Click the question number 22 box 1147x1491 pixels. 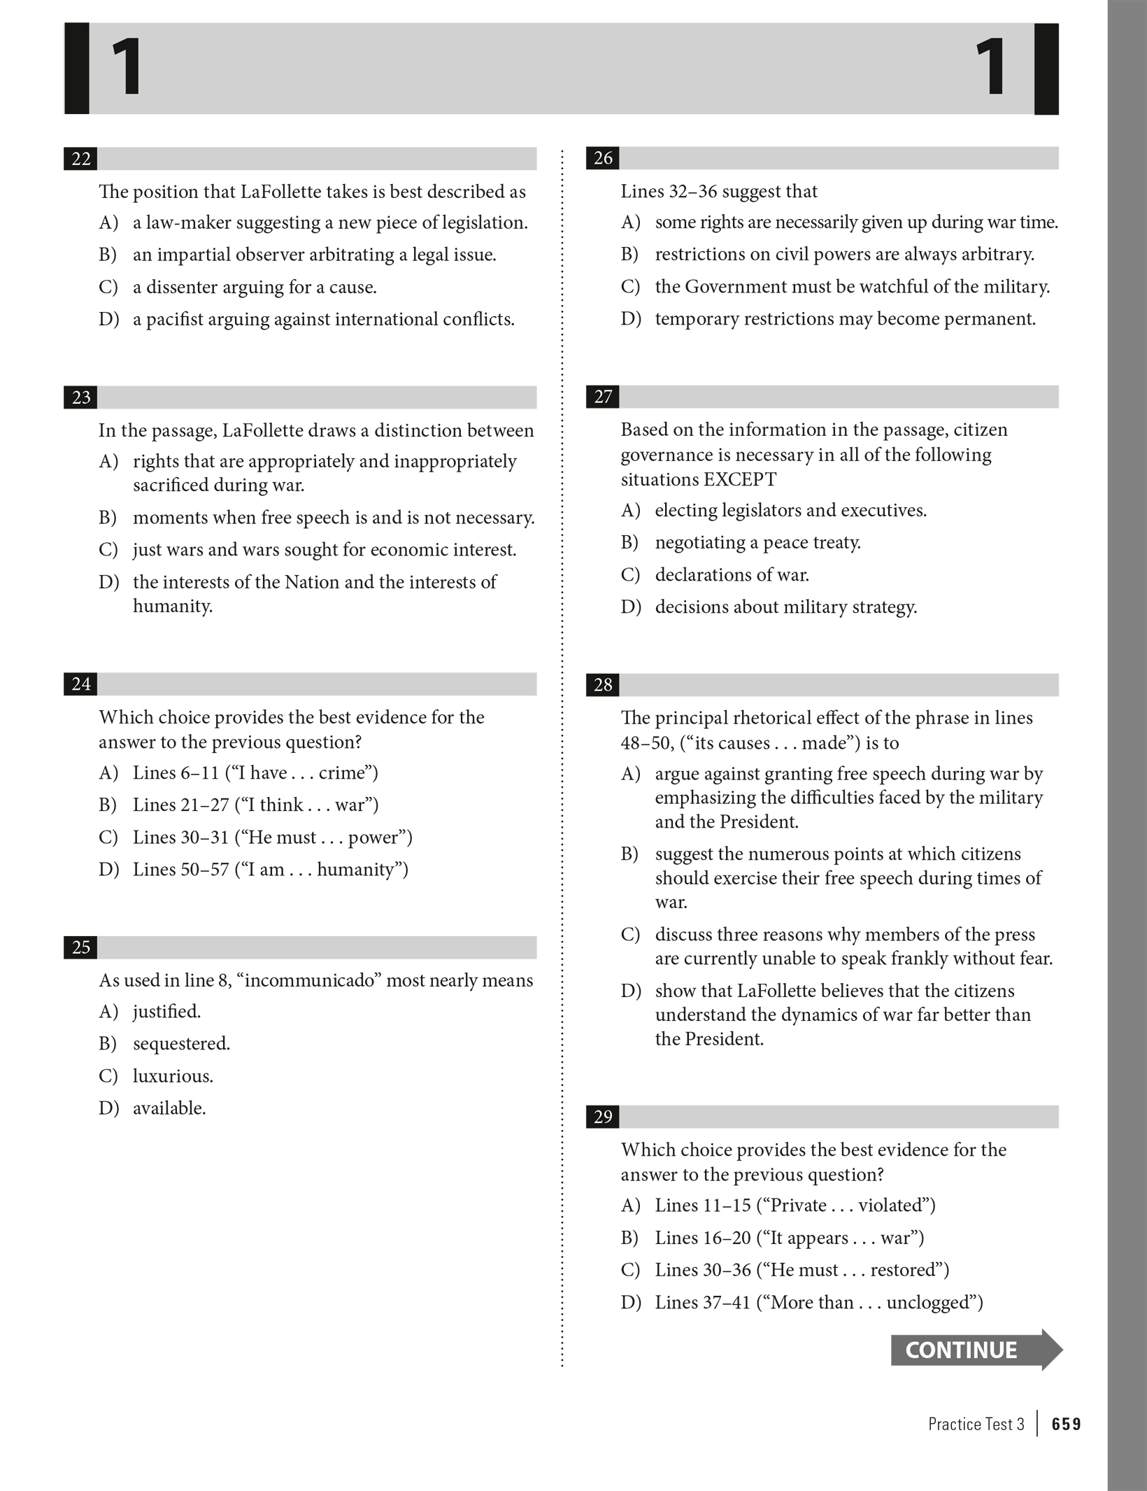point(80,159)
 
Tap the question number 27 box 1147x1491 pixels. point(602,397)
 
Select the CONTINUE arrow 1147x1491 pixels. point(976,1350)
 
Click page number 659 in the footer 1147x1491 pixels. point(1066,1424)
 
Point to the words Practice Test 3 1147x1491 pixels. point(976,1424)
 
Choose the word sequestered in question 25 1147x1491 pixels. point(180,1043)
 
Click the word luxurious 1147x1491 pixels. point(173,1075)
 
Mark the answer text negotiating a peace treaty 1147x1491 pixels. point(757,542)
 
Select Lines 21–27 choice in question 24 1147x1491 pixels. point(255,805)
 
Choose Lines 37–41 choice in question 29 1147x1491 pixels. point(818,1302)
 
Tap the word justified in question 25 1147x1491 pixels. point(166,1011)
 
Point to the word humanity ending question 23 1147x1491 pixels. point(172,606)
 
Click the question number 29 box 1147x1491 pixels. point(602,1117)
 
